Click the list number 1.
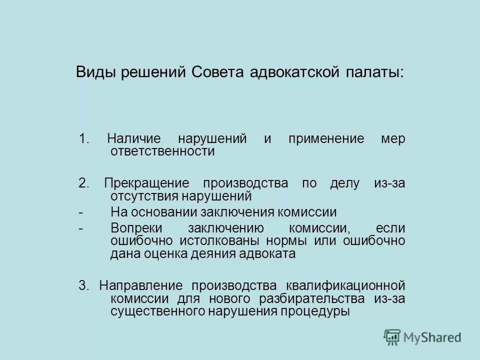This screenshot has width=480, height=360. [83, 139]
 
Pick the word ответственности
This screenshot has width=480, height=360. [162, 151]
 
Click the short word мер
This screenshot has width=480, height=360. [393, 139]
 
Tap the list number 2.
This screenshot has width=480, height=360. [83, 183]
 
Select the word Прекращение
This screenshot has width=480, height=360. [147, 183]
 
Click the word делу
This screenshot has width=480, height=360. [345, 183]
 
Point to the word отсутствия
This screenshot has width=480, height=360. [144, 195]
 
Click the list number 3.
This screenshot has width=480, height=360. [83, 286]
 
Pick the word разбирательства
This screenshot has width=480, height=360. [313, 298]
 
